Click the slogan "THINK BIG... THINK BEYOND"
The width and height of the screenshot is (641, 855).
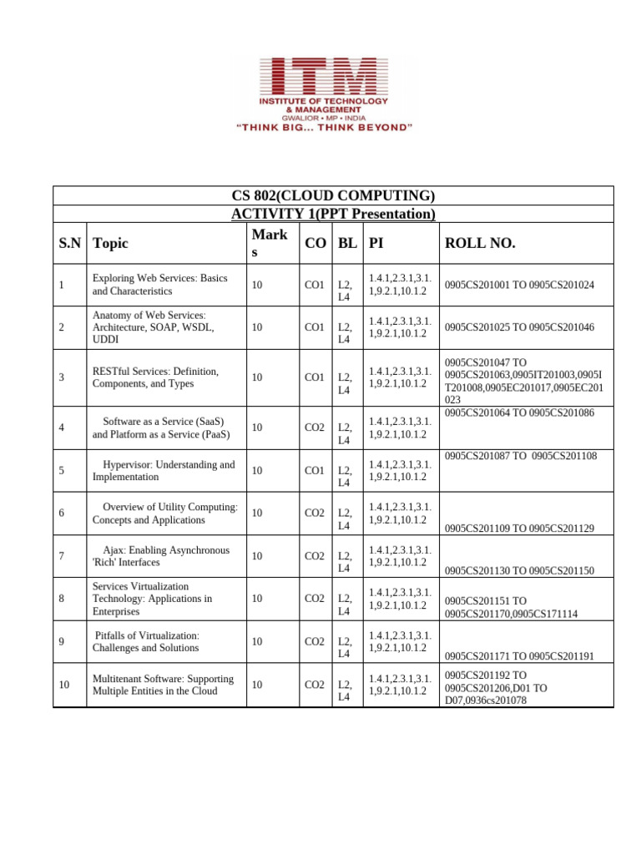(x=320, y=128)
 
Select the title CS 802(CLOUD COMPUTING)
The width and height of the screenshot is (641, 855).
(x=333, y=196)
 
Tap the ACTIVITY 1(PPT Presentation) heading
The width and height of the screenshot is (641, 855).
(x=333, y=215)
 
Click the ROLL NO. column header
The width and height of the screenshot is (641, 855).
(x=480, y=243)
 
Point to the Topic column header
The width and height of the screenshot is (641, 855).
(x=111, y=243)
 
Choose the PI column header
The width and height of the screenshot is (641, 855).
(x=376, y=243)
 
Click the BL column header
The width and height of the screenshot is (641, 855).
(x=346, y=243)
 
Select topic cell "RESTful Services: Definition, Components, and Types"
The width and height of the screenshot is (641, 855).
(x=155, y=377)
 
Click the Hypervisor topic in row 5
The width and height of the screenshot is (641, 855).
(x=164, y=470)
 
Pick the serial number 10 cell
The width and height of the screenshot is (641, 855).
(x=64, y=685)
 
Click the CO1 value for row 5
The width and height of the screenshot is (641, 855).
(x=315, y=470)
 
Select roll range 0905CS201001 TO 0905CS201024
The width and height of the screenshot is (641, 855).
(x=519, y=285)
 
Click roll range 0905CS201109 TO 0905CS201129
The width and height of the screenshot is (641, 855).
(x=519, y=529)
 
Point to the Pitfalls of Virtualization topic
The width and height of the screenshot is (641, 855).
(x=146, y=641)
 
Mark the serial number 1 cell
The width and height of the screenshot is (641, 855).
(x=62, y=285)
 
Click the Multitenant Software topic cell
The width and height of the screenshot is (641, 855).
(x=163, y=685)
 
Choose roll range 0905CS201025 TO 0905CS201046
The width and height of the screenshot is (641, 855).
(x=519, y=327)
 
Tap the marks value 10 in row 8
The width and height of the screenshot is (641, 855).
(x=257, y=599)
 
